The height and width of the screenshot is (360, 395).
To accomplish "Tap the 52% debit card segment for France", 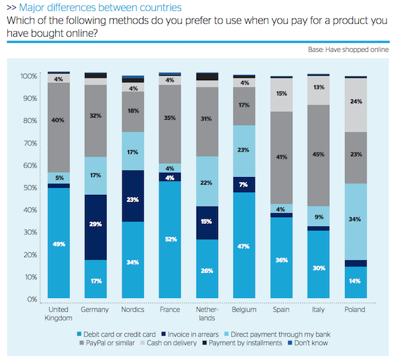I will pyautogui.click(x=170, y=239).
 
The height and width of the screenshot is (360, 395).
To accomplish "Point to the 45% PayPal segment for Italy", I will pyautogui.click(x=318, y=155).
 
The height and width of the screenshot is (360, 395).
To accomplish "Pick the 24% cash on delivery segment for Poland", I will pyautogui.click(x=355, y=102).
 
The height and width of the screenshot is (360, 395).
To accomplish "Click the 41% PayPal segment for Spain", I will pyautogui.click(x=281, y=158).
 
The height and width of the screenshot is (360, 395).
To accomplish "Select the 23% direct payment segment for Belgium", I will pyautogui.click(x=244, y=150).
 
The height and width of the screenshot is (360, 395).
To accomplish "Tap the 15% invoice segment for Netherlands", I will pyautogui.click(x=207, y=222).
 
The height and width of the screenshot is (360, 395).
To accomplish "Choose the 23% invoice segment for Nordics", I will pyautogui.click(x=133, y=200).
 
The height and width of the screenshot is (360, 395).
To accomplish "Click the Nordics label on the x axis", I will pyautogui.click(x=133, y=309).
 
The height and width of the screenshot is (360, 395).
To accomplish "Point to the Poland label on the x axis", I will pyautogui.click(x=355, y=309).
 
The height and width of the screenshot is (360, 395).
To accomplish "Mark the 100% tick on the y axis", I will pyautogui.click(x=28, y=76).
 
